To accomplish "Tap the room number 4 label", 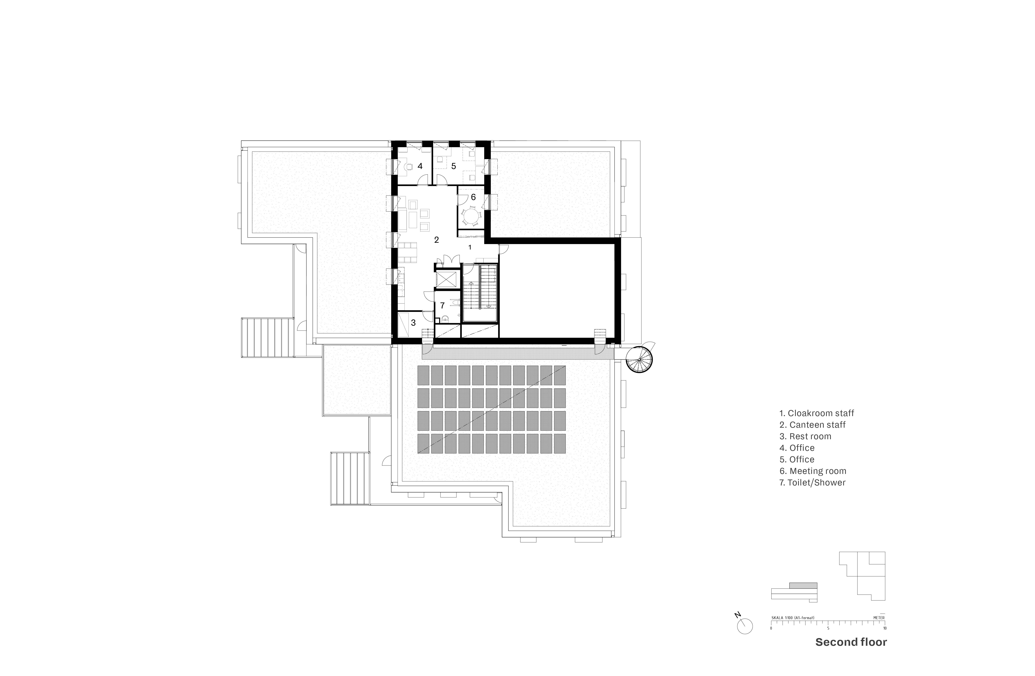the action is click(x=420, y=166).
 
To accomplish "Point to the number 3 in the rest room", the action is click(x=413, y=323).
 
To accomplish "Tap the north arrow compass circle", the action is click(x=745, y=626).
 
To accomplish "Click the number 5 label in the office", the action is click(x=454, y=166).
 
